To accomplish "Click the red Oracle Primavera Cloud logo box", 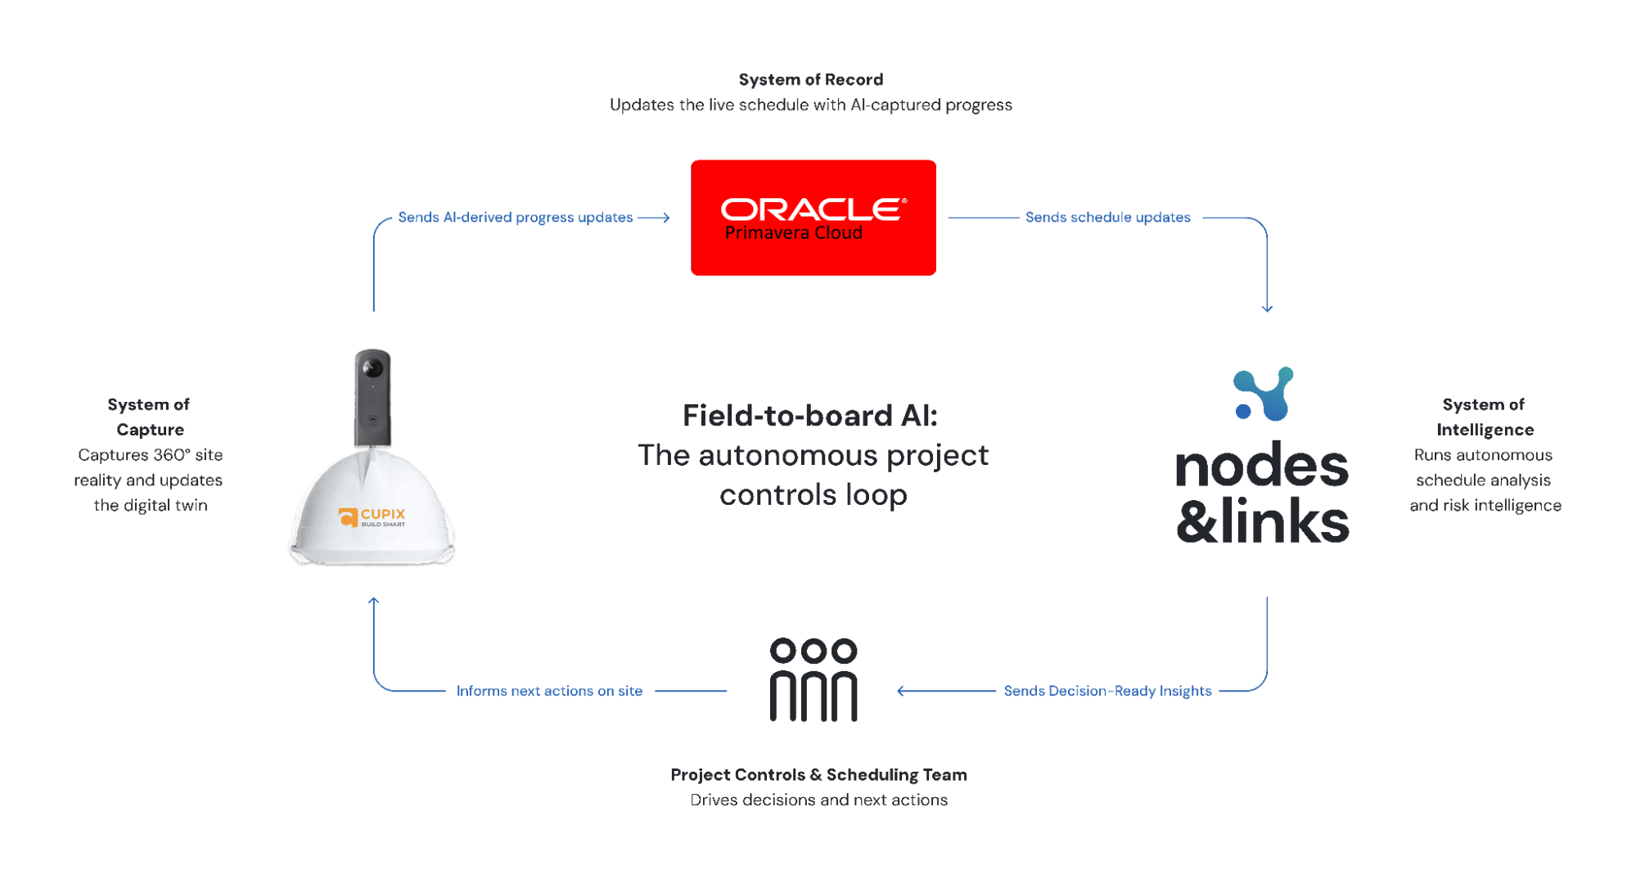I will (813, 218).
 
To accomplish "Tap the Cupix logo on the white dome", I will (372, 517).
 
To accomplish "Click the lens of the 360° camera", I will (372, 368).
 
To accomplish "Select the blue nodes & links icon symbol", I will (1264, 394).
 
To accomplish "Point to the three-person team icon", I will (813, 679).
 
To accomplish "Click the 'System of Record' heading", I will (810, 79).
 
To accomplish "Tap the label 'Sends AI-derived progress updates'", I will (515, 218).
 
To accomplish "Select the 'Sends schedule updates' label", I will (1107, 218).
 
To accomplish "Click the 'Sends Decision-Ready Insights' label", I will (1107, 691).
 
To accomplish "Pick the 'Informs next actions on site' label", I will (549, 691).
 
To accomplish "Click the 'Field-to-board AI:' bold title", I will (810, 416).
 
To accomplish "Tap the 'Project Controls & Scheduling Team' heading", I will (818, 774).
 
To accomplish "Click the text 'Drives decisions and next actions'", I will (818, 800).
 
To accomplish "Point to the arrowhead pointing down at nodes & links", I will (1267, 309).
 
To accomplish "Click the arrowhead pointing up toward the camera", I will (374, 602).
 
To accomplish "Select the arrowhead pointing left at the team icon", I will (901, 691).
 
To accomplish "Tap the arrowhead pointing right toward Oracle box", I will (666, 218).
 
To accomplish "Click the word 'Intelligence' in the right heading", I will (1485, 430).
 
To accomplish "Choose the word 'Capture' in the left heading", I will (150, 430).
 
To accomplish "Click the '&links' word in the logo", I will (1263, 521).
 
